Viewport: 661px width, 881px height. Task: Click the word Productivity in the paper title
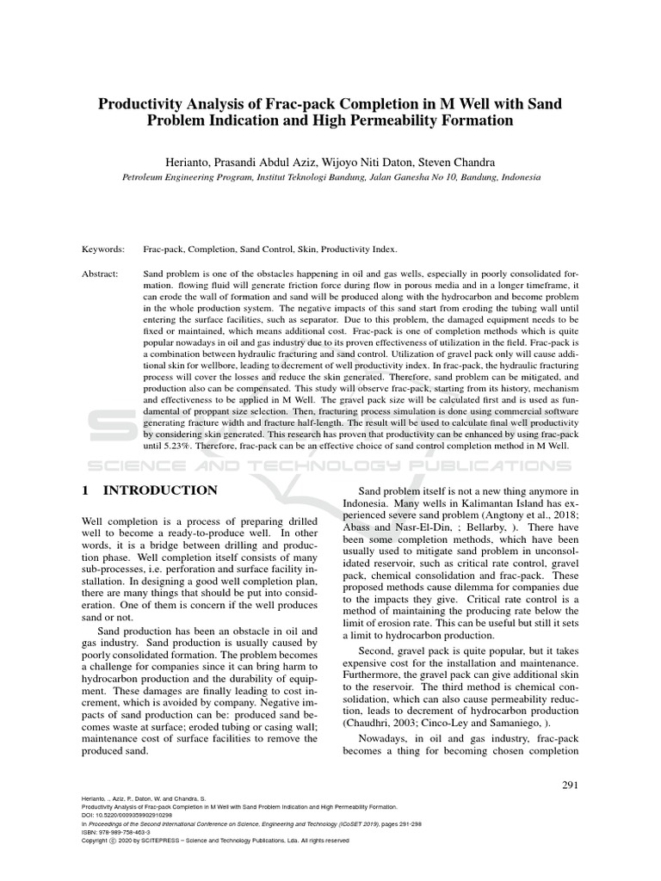click(142, 104)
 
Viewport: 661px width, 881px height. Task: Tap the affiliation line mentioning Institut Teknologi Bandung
click(330, 176)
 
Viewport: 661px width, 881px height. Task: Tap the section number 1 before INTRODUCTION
click(85, 490)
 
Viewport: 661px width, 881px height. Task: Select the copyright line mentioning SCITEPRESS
click(215, 840)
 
